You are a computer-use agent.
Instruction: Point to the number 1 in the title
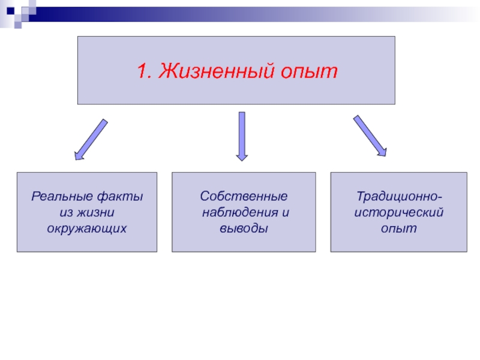(x=142, y=71)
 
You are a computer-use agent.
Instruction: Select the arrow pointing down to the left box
(x=91, y=140)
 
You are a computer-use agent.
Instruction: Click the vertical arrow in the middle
(x=242, y=136)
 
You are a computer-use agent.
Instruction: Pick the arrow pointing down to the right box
(x=370, y=136)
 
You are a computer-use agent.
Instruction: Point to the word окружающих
(x=87, y=229)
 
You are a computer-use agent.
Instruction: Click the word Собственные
(x=244, y=196)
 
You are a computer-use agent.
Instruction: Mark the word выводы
(x=244, y=229)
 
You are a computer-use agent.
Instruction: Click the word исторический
(x=398, y=212)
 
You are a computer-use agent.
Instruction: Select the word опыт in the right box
(x=398, y=229)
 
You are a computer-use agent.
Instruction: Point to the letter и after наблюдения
(x=281, y=212)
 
